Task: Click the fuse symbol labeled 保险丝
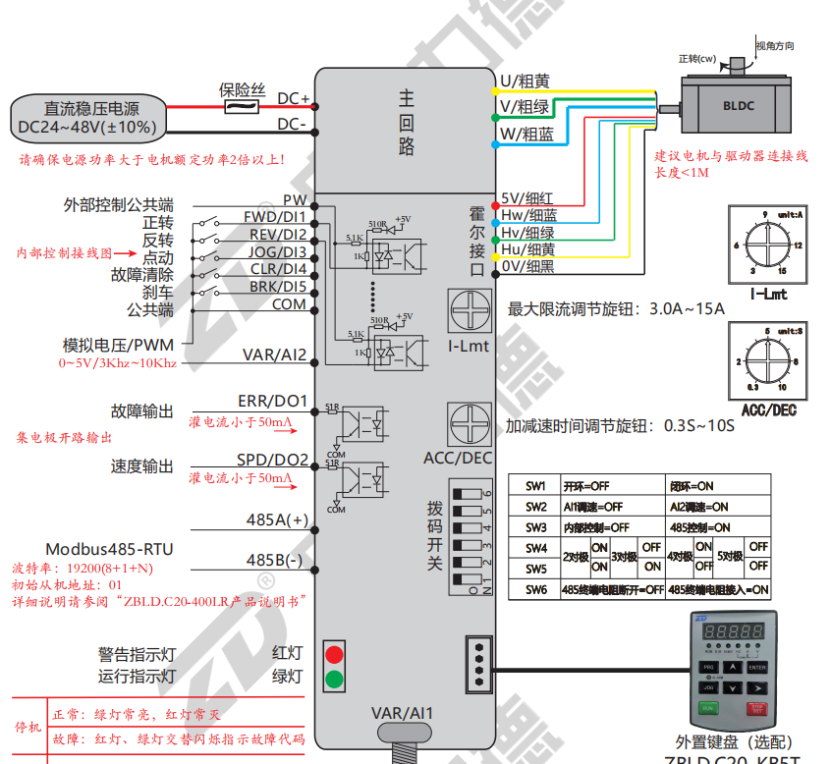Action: pos(241,107)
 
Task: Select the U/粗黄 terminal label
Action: pos(525,81)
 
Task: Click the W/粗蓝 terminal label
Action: pos(526,134)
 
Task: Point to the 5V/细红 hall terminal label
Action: pos(527,197)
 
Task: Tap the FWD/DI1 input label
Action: pos(275,217)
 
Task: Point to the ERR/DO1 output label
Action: pos(273,402)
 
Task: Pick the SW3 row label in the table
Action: pos(535,527)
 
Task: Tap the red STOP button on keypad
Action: pos(756,708)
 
